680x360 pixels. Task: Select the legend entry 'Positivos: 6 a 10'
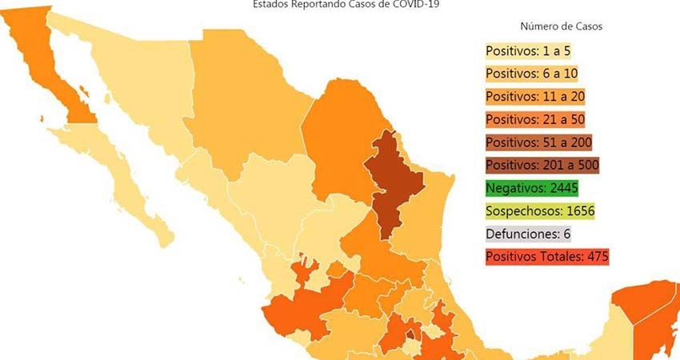pyautogui.click(x=531, y=74)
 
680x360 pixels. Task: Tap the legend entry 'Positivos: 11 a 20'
pyautogui.click(x=534, y=97)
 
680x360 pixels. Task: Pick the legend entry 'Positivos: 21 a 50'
pyautogui.click(x=534, y=119)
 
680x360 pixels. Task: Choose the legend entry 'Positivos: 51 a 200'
pyautogui.click(x=538, y=142)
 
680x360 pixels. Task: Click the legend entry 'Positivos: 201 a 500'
pyautogui.click(x=541, y=166)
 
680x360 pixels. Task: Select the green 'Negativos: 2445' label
pyautogui.click(x=531, y=189)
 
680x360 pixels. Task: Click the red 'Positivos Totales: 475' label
pyautogui.click(x=546, y=258)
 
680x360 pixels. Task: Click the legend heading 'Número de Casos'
pyautogui.click(x=561, y=26)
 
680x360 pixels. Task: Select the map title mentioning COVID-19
pyautogui.click(x=346, y=4)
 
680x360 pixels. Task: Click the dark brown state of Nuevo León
pyautogui.click(x=392, y=180)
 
